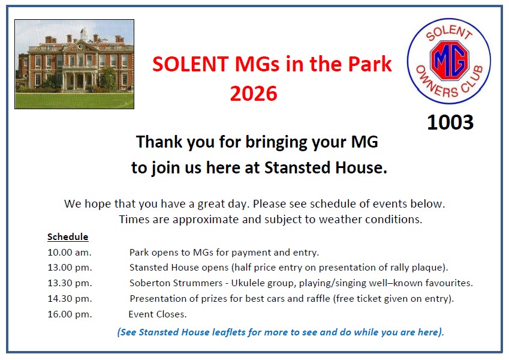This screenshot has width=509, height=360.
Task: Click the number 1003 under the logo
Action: coord(450,122)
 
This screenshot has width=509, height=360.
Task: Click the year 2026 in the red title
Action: coord(254,94)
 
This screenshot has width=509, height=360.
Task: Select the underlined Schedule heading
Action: coord(68,236)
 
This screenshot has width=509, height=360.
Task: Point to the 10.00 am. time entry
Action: coord(70,252)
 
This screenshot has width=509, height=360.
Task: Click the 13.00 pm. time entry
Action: coord(70,268)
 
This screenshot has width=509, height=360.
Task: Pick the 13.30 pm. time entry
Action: coord(70,283)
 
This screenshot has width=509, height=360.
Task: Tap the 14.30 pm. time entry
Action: coord(70,299)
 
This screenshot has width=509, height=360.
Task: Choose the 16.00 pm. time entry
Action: coord(70,314)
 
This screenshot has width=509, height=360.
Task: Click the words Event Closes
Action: coord(158,314)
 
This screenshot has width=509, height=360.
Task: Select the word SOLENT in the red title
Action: coord(191,64)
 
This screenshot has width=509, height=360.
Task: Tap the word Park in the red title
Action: coord(370,64)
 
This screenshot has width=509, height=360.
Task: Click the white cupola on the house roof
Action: coord(85,34)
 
